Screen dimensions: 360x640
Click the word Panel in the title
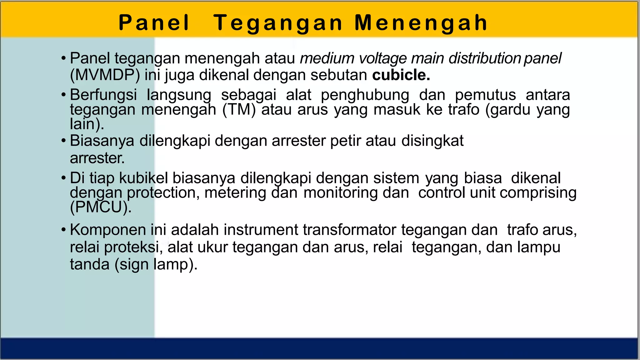[154, 23]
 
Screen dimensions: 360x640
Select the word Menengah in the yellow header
[421, 23]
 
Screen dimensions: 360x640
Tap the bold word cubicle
[401, 75]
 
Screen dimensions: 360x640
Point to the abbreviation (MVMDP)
[105, 75]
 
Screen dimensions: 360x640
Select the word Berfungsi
[103, 95]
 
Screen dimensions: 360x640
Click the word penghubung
[365, 95]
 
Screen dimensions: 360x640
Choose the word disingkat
[432, 141]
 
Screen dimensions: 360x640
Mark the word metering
[235, 193]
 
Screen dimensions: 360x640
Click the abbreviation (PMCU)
[101, 207]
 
